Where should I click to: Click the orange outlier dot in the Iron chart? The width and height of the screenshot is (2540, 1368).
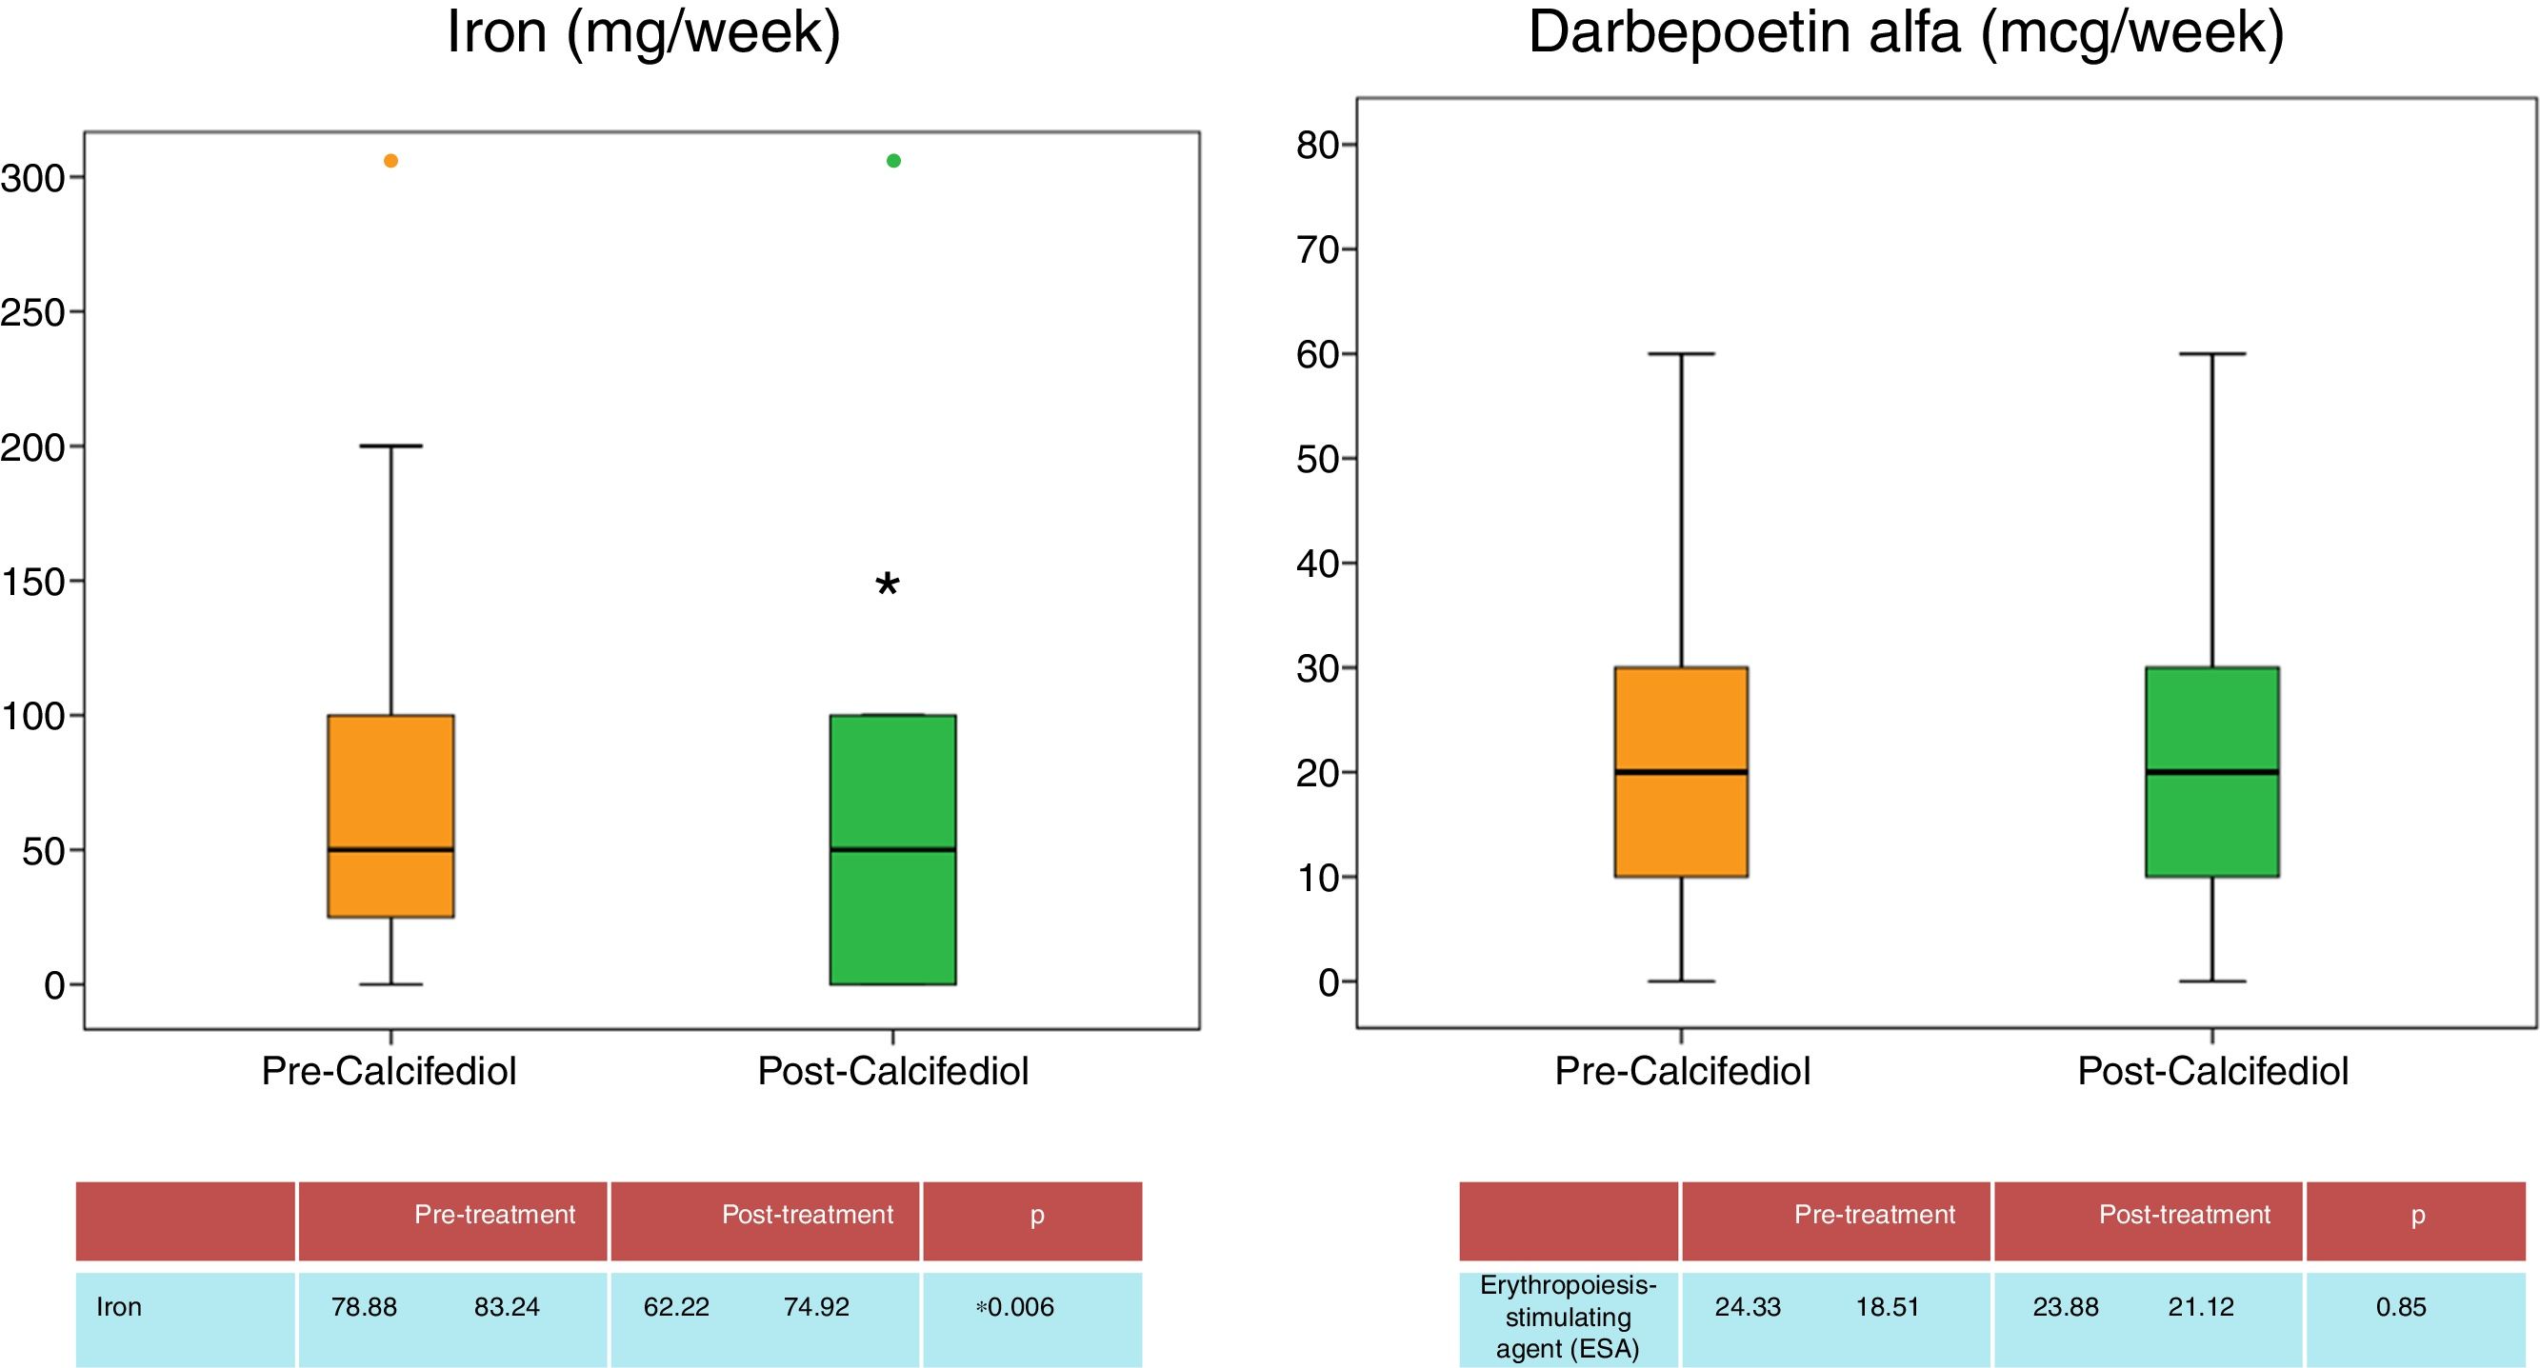click(x=390, y=161)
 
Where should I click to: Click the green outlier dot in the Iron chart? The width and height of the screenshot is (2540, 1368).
click(x=893, y=161)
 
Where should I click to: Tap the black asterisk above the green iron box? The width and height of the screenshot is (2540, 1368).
click(x=888, y=585)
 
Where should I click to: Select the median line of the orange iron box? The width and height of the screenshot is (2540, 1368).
click(x=390, y=849)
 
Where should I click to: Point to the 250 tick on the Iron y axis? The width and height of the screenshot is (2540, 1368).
click(x=32, y=312)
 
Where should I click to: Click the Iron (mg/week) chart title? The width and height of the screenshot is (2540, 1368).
click(x=643, y=31)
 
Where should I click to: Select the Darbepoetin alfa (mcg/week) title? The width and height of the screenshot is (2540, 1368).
click(x=1905, y=31)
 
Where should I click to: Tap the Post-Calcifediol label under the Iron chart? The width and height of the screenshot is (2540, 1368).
click(x=892, y=1071)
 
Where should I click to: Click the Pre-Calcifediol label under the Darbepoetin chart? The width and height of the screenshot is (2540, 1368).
click(x=1682, y=1071)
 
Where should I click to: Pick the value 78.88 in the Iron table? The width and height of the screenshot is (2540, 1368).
click(x=364, y=1307)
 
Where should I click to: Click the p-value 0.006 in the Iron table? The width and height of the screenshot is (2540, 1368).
click(x=1020, y=1307)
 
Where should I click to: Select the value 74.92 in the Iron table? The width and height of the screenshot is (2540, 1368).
click(x=815, y=1307)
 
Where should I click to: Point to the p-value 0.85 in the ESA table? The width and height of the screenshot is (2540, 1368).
click(x=2400, y=1307)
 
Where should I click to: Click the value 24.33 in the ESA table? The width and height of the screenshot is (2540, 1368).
click(x=1748, y=1307)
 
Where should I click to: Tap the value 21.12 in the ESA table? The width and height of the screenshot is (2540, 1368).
click(x=2200, y=1307)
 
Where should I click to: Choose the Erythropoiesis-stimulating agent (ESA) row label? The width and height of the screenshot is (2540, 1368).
click(x=1568, y=1317)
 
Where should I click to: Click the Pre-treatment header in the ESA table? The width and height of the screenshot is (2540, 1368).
click(x=1873, y=1214)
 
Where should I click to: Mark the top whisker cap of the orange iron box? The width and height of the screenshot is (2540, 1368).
click(x=390, y=446)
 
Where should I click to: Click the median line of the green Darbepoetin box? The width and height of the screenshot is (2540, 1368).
click(x=2211, y=772)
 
